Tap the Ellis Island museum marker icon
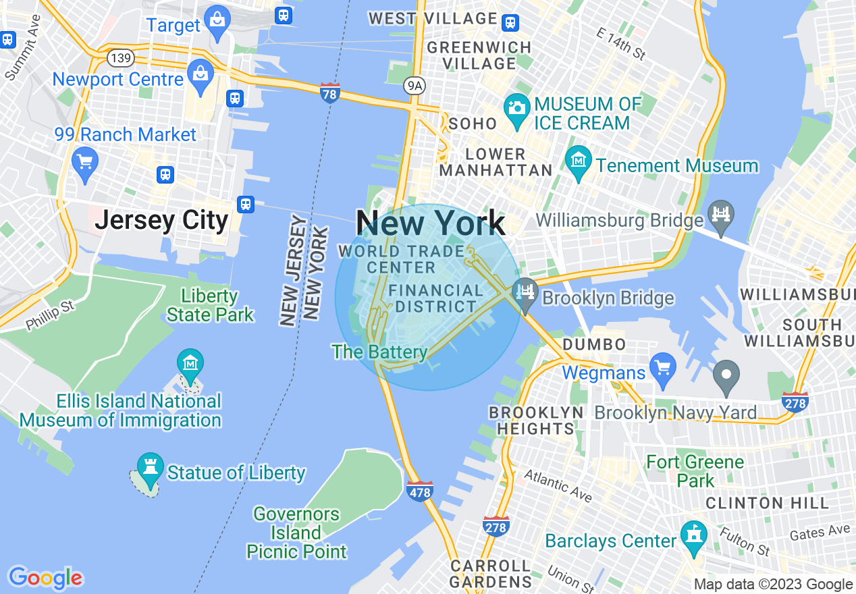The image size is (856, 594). click(x=190, y=363)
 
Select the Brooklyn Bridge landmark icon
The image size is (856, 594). click(x=525, y=292)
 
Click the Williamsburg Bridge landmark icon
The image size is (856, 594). click(x=721, y=215)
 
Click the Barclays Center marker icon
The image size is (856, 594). click(x=693, y=535)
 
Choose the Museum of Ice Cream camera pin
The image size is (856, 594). click(x=517, y=109)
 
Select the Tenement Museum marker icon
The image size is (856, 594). click(x=579, y=161)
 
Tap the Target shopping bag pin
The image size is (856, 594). click(x=217, y=20)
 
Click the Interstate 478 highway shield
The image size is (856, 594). click(x=419, y=491)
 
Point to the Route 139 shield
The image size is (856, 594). click(x=120, y=58)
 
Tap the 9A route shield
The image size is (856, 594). click(x=414, y=85)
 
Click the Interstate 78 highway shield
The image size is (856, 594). click(x=329, y=93)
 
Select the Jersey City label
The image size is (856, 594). click(x=162, y=220)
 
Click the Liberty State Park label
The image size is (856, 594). click(x=210, y=305)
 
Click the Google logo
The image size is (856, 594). click(x=45, y=578)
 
